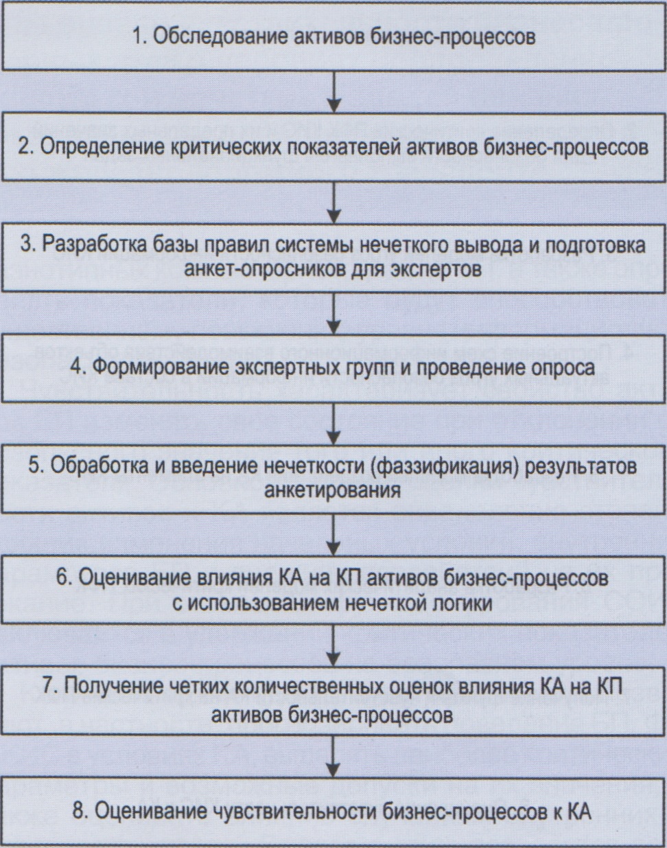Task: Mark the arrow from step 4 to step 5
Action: point(333,422)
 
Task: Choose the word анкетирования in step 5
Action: point(333,490)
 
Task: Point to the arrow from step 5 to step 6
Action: point(333,532)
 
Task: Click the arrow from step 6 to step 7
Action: point(333,643)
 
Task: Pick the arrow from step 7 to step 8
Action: point(333,755)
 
